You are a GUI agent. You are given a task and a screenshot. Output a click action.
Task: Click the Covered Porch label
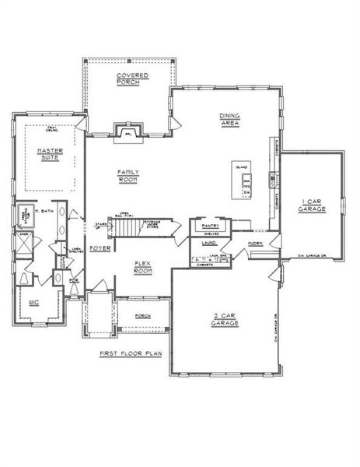pos(132,79)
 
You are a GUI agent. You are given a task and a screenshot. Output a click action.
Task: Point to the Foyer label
pos(99,248)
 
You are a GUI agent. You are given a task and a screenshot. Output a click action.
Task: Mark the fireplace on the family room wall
pos(128,133)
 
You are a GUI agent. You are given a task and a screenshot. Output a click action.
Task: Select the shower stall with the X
pos(23,242)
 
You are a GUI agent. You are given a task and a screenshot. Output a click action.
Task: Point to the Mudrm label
pos(255,244)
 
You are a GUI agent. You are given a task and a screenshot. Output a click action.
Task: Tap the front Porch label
pos(142,316)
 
